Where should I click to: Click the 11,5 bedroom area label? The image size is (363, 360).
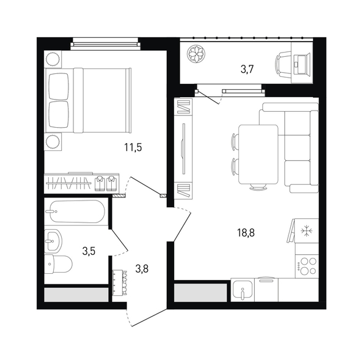(x=133, y=147)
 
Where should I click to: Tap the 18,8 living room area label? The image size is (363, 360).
(x=246, y=233)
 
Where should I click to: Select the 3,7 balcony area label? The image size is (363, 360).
(x=248, y=69)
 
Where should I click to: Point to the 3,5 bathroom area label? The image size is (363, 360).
(x=89, y=251)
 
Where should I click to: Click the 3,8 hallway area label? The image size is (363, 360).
(x=142, y=269)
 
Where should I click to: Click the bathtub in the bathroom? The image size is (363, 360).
(x=78, y=211)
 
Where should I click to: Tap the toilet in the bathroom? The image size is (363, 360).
(x=58, y=264)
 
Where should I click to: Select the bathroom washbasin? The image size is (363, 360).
(x=53, y=241)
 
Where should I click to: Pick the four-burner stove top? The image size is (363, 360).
(x=307, y=266)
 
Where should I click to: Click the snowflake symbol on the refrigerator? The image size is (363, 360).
(x=307, y=231)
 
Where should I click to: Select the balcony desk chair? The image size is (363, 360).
(x=283, y=64)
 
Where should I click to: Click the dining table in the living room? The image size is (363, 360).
(x=258, y=155)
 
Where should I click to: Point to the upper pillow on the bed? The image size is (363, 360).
(x=59, y=86)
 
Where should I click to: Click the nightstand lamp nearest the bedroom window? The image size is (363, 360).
(x=53, y=59)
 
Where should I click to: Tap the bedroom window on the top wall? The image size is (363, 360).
(x=106, y=44)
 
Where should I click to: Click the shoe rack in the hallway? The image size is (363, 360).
(x=119, y=282)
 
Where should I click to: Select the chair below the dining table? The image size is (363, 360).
(x=258, y=186)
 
